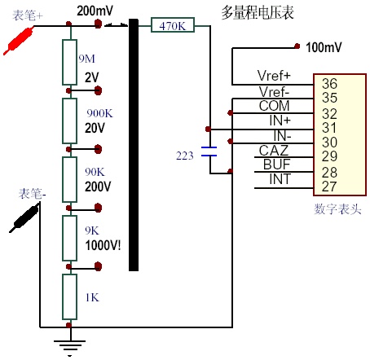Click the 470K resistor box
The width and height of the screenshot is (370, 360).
tap(173, 25)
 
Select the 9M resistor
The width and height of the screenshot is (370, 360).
tap(69, 62)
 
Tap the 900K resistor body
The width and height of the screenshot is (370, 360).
tap(69, 121)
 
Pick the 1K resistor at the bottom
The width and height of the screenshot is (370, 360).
tap(69, 296)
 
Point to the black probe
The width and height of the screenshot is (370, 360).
tap(24, 218)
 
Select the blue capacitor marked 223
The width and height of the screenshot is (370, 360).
tap(209, 151)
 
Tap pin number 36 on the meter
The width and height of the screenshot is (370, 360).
tap(329, 83)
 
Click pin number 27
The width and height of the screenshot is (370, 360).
tap(329, 187)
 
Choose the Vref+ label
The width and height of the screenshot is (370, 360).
tap(274, 76)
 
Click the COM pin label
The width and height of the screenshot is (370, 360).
tap(274, 106)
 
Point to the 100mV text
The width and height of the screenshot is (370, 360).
tap(324, 47)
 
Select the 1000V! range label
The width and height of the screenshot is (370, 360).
tap(103, 245)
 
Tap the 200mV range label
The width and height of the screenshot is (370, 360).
tap(95, 11)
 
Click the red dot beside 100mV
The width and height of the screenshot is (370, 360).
tap(297, 46)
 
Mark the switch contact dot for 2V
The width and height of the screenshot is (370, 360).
tap(98, 90)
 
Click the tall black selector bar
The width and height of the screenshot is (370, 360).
tap(134, 145)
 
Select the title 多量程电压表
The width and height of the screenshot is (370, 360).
tap(258, 12)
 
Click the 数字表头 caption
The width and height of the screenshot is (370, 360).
tap(337, 209)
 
